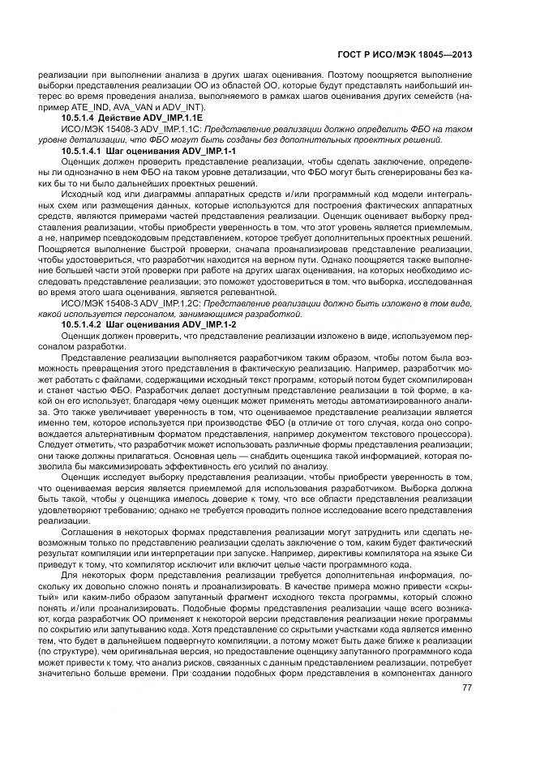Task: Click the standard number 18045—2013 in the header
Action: [x=445, y=55]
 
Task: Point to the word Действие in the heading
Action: [x=119, y=118]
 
